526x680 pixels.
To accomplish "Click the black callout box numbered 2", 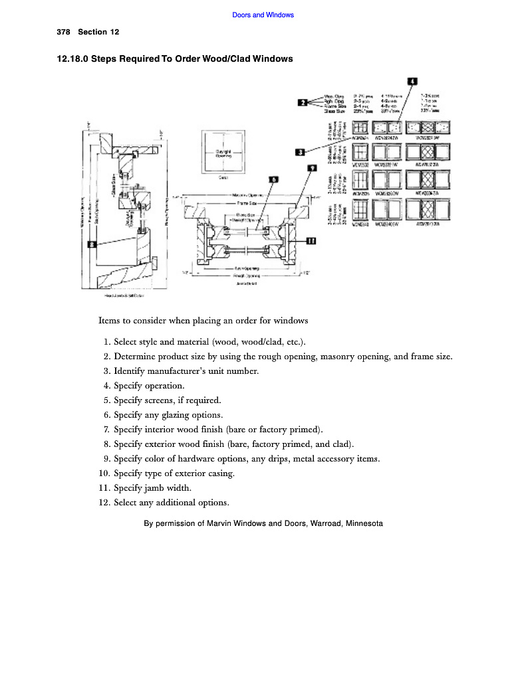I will point(302,102).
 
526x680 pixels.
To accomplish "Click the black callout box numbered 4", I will point(412,82).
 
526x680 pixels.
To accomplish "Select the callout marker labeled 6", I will point(273,179).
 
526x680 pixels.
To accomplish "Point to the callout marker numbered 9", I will point(311,169).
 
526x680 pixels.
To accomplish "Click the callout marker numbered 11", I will point(311,240).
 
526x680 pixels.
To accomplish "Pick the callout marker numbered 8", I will point(92,244).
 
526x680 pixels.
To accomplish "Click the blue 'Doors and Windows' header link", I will point(263,15).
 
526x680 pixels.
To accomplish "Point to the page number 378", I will point(64,32).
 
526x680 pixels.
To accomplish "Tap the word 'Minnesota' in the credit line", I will point(364,523).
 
